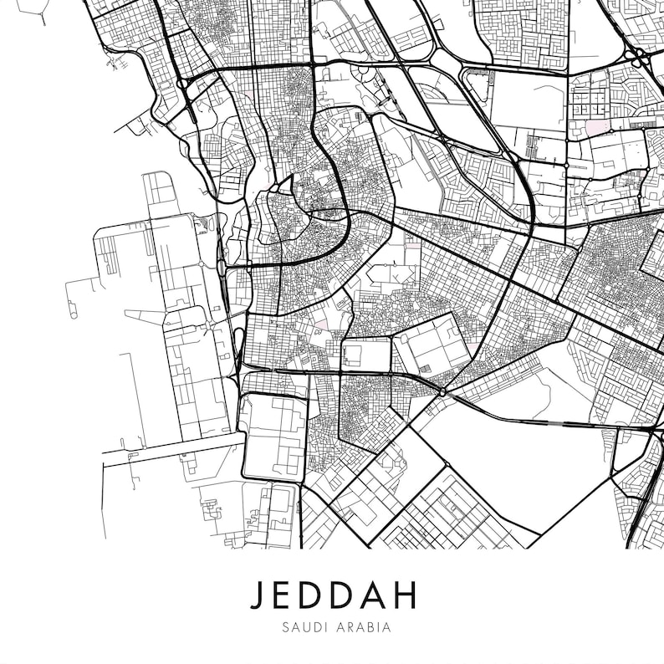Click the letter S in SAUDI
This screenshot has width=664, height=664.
point(285,626)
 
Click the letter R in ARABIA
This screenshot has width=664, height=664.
point(346,626)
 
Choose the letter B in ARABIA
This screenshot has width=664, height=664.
point(367,626)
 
